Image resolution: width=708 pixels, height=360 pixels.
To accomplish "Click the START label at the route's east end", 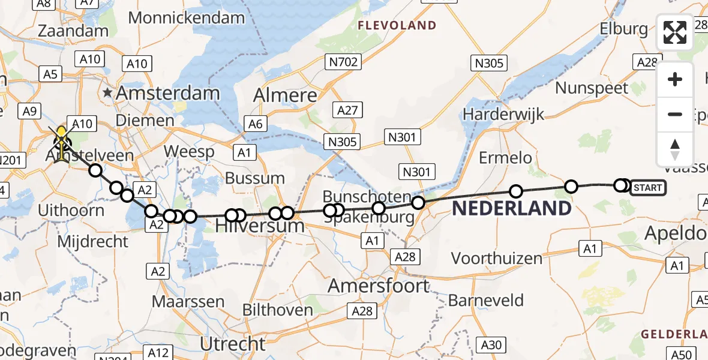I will (x=647, y=188).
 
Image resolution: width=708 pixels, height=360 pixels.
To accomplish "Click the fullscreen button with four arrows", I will (x=675, y=32).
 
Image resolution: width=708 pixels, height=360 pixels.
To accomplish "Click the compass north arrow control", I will (x=675, y=149).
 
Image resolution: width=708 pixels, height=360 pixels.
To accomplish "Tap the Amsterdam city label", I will (x=169, y=93).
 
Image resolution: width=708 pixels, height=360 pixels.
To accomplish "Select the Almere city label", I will (x=285, y=95).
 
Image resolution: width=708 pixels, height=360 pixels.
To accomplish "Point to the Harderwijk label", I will (x=503, y=113).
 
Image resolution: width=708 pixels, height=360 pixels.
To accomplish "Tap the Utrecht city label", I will (x=233, y=344).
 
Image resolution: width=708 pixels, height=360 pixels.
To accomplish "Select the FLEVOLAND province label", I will (x=397, y=25).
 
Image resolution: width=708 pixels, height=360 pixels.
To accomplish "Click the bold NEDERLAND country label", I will (x=511, y=209).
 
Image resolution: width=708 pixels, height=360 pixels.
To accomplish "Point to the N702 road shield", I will (x=343, y=61).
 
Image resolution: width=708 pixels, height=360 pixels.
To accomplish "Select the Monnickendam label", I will (x=187, y=18).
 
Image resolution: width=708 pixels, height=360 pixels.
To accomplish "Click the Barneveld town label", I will (x=486, y=300).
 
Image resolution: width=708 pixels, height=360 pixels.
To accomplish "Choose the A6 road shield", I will (x=256, y=124).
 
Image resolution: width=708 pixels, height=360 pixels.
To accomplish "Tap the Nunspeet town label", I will (x=592, y=88).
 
